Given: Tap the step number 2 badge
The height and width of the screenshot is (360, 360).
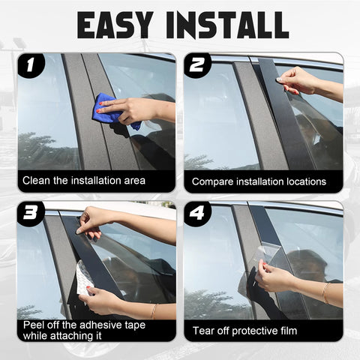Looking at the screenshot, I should point(196,65).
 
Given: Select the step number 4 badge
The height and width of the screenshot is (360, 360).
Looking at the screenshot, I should point(196,213).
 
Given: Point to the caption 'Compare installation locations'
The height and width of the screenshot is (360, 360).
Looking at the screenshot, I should point(259,181).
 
